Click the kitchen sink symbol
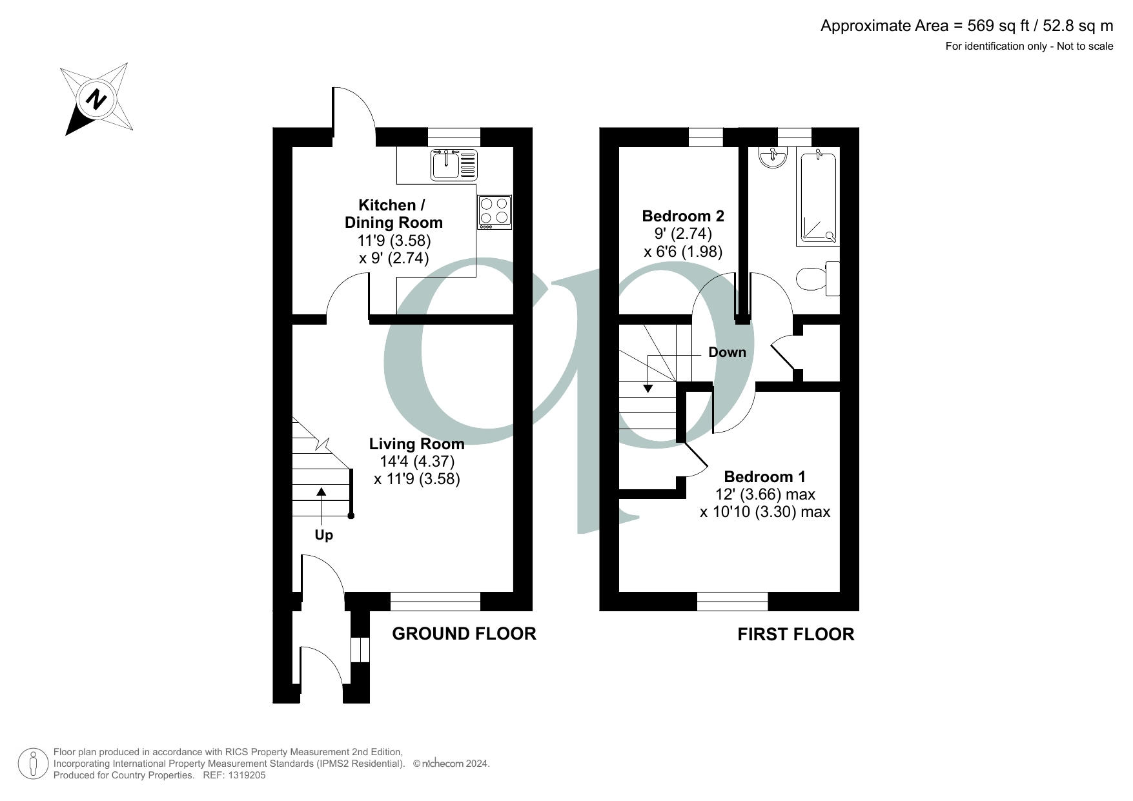pos(454,164)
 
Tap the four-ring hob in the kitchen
pos(495,212)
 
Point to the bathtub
pos(819,197)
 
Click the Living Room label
pos(416,444)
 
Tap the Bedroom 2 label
pos(682,216)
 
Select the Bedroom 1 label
pos(764,477)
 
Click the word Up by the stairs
pos(323,535)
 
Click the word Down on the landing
pos(727,352)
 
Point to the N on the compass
pos(97,100)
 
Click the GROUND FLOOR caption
pos(464,634)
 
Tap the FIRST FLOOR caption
pos(795,634)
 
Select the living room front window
pos(435,602)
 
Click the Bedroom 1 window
pos(732,602)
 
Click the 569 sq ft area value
pos(990,26)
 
